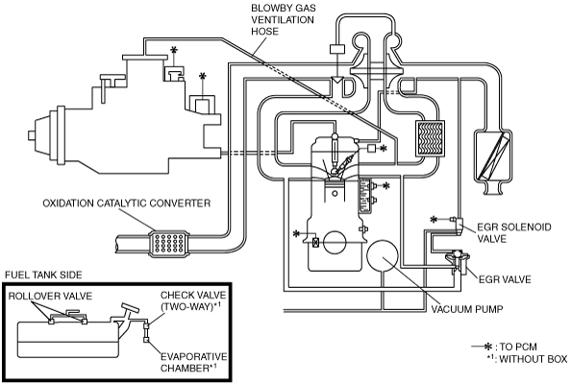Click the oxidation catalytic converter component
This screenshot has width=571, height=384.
pos(168,244)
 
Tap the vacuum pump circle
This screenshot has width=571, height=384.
pos(382,255)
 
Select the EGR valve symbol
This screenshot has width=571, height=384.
pos(458,261)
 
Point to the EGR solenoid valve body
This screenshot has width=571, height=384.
pos(459,225)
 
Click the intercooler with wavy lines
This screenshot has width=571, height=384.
pos(430,138)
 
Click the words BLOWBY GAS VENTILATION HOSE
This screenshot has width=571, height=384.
pos(283,19)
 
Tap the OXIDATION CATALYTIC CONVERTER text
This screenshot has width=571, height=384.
pos(127,203)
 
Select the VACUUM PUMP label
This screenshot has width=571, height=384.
pos(467,309)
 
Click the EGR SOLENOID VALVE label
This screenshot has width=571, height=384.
pos(514,232)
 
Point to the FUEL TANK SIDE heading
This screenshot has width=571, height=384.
pos(43,275)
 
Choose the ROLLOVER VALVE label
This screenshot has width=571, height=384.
pos(50,296)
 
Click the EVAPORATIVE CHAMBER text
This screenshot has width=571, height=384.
pos(193,362)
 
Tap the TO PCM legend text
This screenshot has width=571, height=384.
pos(518,347)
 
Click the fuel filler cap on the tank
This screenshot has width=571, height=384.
pos(131,307)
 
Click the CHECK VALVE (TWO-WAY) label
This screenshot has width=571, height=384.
pos(193,300)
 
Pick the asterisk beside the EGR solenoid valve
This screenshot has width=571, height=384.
pos(434,219)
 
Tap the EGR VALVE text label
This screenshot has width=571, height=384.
pos(505,279)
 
